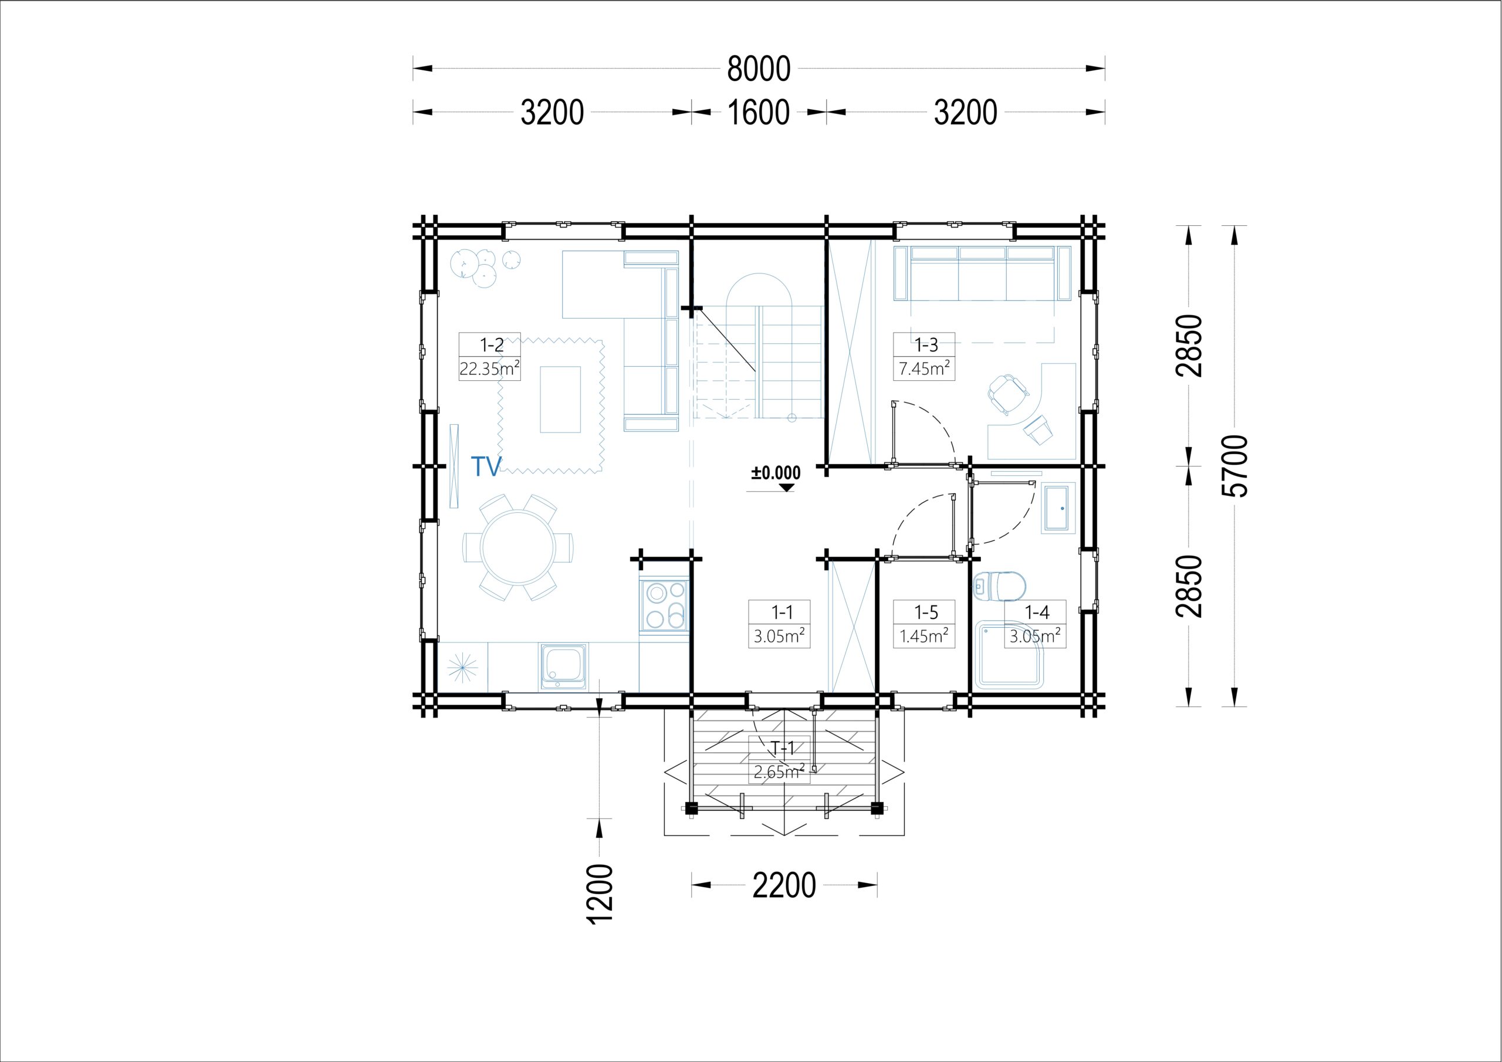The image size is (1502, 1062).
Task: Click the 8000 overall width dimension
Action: tap(759, 69)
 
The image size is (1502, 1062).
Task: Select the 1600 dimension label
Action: tap(759, 113)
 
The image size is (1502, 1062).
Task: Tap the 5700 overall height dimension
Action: tap(1236, 466)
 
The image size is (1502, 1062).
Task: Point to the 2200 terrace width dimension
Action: tap(784, 886)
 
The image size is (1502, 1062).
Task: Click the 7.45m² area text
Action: tap(924, 368)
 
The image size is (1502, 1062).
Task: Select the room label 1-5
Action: tap(926, 613)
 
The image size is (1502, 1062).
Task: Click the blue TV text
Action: tap(486, 466)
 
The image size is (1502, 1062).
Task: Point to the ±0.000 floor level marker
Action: tap(776, 476)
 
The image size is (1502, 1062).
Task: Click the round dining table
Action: tap(518, 547)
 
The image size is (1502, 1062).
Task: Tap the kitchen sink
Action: tap(563, 665)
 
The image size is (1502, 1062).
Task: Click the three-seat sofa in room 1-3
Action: tap(983, 273)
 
